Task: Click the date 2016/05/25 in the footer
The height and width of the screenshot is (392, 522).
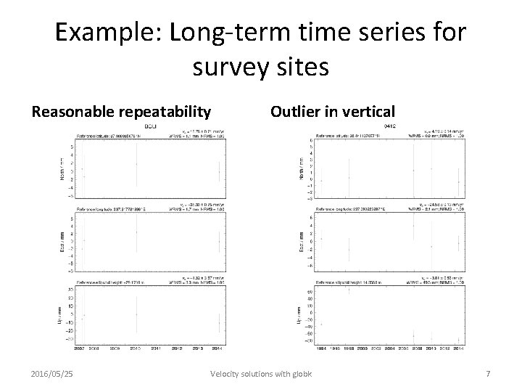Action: [53, 373]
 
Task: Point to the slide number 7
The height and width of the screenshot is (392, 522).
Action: [488, 373]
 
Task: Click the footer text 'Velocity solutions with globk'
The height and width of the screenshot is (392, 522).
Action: [261, 373]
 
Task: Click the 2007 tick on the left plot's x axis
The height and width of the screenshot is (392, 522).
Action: [79, 348]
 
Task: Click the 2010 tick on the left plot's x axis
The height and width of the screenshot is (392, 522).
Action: [136, 348]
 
